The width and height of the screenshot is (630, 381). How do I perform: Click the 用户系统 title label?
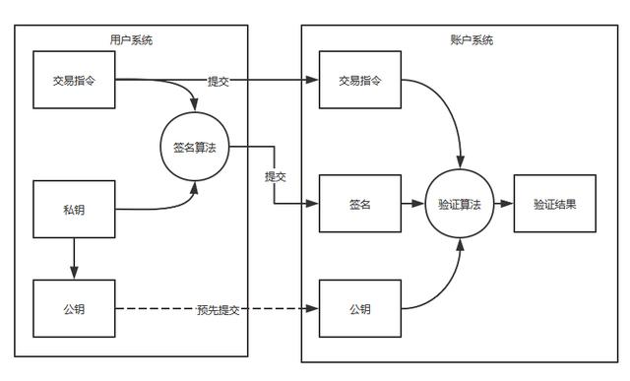point(131,40)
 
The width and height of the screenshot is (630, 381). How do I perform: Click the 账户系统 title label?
point(465,40)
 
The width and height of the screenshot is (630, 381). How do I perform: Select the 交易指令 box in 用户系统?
point(74,80)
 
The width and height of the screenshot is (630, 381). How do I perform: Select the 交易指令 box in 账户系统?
point(360,80)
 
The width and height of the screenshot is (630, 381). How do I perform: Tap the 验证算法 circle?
point(460,205)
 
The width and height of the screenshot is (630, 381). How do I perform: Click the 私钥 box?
point(74,210)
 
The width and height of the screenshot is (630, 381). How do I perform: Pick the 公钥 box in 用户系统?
point(74,309)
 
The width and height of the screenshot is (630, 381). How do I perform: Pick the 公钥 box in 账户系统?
point(360,309)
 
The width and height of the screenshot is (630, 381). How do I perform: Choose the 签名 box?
point(360,205)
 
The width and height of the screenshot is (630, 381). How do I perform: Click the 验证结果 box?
point(555,205)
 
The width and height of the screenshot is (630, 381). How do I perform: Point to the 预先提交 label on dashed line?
point(217,310)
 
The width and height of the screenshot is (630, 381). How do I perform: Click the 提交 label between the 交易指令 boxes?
point(219,80)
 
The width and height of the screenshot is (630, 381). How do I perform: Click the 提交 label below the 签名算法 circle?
point(276,177)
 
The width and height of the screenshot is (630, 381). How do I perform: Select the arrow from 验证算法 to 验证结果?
point(504,205)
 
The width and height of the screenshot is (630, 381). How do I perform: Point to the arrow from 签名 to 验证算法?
point(413,205)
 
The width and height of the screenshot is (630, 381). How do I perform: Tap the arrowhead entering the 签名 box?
point(314,205)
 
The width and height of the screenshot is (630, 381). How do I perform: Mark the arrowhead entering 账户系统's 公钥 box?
point(314,309)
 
